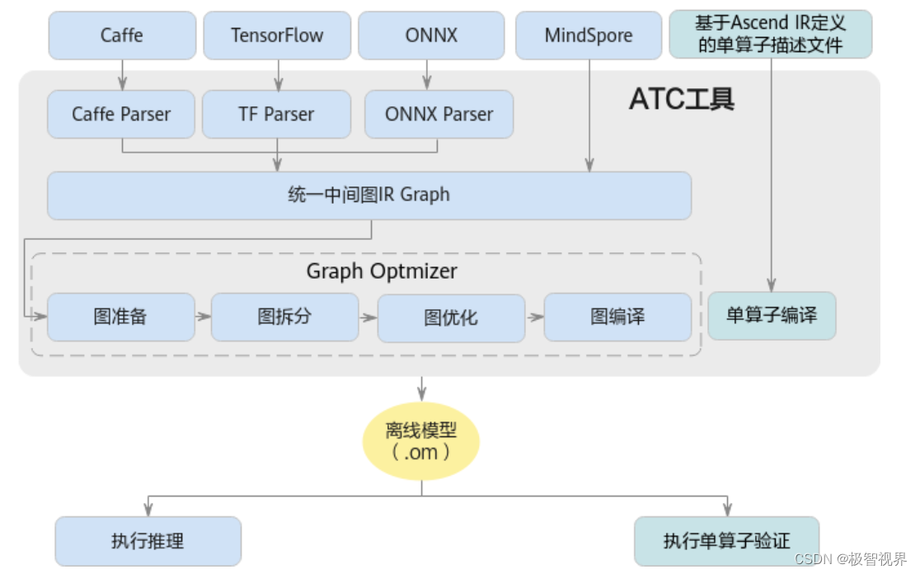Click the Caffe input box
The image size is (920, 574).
122,35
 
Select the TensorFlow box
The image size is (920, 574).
277,35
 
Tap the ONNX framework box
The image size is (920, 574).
431,35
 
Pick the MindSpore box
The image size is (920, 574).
589,35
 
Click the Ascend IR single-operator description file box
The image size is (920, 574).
770,35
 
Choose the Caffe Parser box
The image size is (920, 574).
121,114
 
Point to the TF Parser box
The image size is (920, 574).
276,114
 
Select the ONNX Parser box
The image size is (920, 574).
439,114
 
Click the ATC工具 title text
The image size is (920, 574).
682,99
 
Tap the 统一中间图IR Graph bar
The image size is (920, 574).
368,195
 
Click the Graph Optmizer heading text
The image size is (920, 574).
382,271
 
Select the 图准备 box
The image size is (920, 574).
121,317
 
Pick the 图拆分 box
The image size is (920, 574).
284,317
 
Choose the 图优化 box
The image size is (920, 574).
451,318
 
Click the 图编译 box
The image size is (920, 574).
617,317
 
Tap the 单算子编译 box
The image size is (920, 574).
772,315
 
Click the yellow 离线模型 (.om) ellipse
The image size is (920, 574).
421,441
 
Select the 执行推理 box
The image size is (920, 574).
148,541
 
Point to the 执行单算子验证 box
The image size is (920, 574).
726,541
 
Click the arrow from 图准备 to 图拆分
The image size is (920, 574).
203,317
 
